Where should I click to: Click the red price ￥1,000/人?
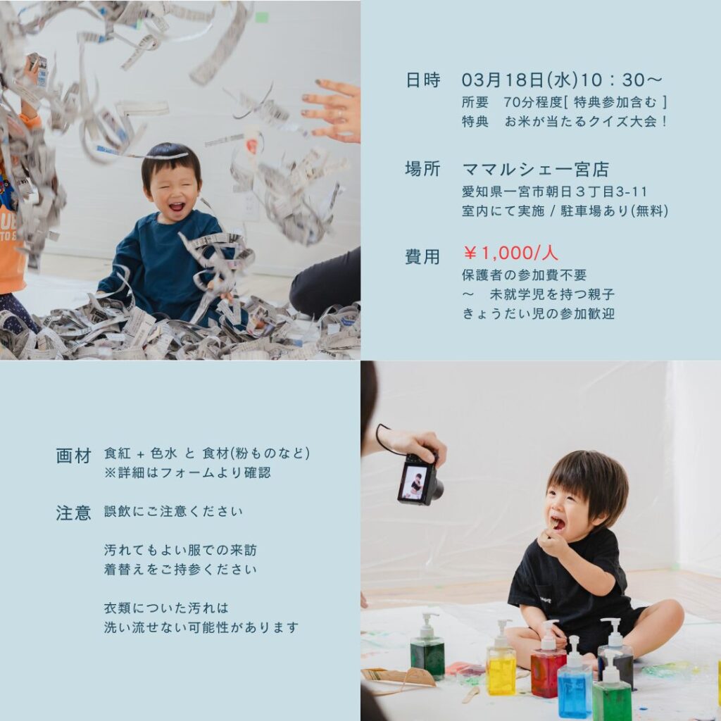click(510, 253)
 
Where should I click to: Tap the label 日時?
click(422, 80)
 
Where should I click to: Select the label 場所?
click(422, 169)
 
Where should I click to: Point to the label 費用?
click(422, 256)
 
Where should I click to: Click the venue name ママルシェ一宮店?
click(536, 169)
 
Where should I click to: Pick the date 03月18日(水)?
click(520, 80)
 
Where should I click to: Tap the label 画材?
click(73, 456)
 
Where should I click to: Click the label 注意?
click(73, 513)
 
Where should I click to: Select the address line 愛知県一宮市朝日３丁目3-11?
click(555, 192)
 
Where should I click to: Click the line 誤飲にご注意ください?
click(173, 511)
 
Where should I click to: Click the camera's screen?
click(414, 482)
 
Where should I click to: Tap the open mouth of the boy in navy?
click(176, 206)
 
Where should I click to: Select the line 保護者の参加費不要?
click(524, 275)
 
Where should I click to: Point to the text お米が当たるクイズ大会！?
click(585, 121)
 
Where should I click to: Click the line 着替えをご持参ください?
click(180, 569)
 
